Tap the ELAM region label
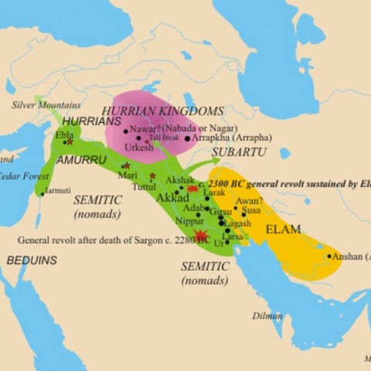[x=283, y=229]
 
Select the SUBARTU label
[x=239, y=152]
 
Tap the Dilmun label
[x=267, y=315]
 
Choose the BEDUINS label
[x=32, y=260]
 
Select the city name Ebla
[x=64, y=134]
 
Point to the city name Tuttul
[x=145, y=187]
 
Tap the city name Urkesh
[x=138, y=147]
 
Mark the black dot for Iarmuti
[x=43, y=193]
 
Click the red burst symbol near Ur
[x=202, y=236]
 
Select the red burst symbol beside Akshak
[x=192, y=189]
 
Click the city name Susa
[x=250, y=209]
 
